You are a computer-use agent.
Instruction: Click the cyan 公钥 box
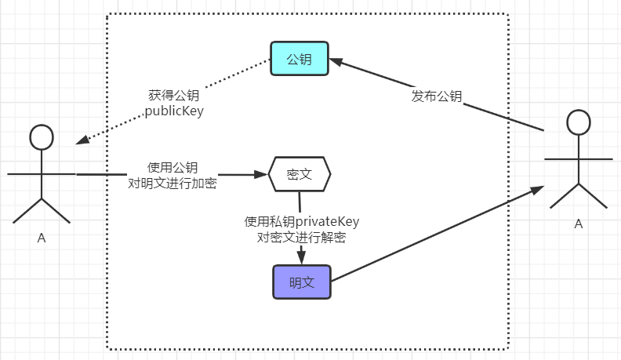pyautogui.click(x=300, y=59)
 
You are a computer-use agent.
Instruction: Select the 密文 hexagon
pyautogui.click(x=300, y=174)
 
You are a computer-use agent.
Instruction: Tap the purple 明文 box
pyautogui.click(x=302, y=282)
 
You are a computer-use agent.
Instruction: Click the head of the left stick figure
pyautogui.click(x=42, y=137)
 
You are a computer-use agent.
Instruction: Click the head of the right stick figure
pyautogui.click(x=579, y=122)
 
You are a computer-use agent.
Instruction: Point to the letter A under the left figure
pyautogui.click(x=42, y=238)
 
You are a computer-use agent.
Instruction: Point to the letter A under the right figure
pyautogui.click(x=578, y=224)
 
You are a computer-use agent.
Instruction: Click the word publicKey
pyautogui.click(x=174, y=111)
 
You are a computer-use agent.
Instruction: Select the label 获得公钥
pyautogui.click(x=174, y=95)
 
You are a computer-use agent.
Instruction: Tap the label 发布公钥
pyautogui.click(x=437, y=96)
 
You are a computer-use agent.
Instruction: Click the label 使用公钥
pyautogui.click(x=172, y=167)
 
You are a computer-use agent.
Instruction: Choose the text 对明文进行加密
pyautogui.click(x=172, y=183)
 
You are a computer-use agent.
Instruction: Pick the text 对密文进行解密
pyautogui.click(x=301, y=237)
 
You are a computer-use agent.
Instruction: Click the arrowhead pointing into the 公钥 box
pyautogui.click(x=336, y=62)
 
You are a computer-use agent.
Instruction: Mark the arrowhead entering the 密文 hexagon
pyautogui.click(x=261, y=174)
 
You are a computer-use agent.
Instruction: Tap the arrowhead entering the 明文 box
pyautogui.click(x=301, y=257)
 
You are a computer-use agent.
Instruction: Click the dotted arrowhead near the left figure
pyautogui.click(x=82, y=140)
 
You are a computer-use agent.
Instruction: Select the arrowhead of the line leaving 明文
pyautogui.click(x=537, y=190)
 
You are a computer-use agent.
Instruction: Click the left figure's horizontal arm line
pyautogui.click(x=42, y=174)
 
